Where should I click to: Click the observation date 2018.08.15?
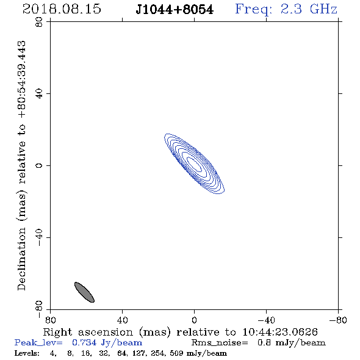[x=62, y=9]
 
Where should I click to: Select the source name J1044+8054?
[x=175, y=10]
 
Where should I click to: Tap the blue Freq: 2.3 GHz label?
[x=286, y=9]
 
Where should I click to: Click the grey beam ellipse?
[x=84, y=292]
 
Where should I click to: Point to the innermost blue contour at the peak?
[x=195, y=164]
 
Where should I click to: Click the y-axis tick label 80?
[x=39, y=22]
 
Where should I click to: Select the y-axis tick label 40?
[x=39, y=94]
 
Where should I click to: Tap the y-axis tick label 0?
[x=39, y=165]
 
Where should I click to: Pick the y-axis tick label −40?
[x=39, y=237]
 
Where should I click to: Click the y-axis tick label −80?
[x=39, y=309]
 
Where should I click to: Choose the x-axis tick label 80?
[x=50, y=320]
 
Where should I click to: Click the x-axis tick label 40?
[x=122, y=320]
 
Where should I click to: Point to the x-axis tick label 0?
[x=194, y=320]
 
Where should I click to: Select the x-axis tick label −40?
[x=266, y=320]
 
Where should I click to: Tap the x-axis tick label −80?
[x=338, y=320]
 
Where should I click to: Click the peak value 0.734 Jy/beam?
[x=107, y=343]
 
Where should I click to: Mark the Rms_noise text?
[x=220, y=343]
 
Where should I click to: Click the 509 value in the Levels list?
[x=176, y=353]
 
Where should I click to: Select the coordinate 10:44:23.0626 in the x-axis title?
[x=280, y=332]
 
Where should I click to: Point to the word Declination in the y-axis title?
[x=21, y=259]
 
